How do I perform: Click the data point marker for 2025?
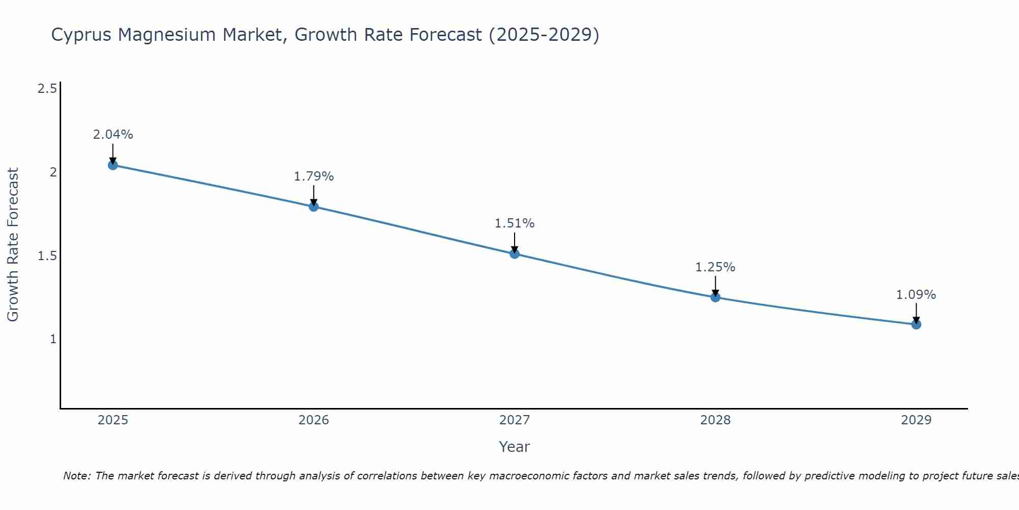click(x=113, y=165)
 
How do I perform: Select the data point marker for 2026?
click(x=314, y=207)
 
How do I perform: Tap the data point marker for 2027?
click(x=515, y=253)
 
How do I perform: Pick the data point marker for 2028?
click(x=715, y=297)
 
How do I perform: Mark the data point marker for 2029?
click(x=916, y=324)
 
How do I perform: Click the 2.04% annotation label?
click(x=113, y=135)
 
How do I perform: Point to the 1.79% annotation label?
click(x=314, y=176)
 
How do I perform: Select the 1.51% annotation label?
click(x=515, y=223)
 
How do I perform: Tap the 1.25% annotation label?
click(x=715, y=267)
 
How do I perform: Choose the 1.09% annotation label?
click(x=916, y=295)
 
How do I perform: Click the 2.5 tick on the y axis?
click(x=47, y=89)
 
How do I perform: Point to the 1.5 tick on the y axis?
click(x=47, y=256)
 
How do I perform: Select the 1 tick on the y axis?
click(x=53, y=339)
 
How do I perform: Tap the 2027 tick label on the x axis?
click(x=515, y=420)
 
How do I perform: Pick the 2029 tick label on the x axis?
click(x=916, y=420)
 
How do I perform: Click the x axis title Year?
click(x=515, y=447)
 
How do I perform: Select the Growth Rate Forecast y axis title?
click(x=13, y=245)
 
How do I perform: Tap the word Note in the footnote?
click(x=76, y=476)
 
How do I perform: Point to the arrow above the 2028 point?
click(x=715, y=286)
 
